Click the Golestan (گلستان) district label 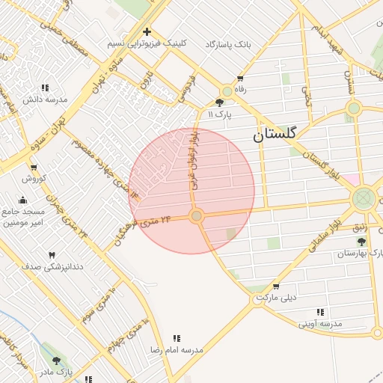pos(275,135)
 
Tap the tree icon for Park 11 pos(219,103)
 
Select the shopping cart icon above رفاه pos(240,79)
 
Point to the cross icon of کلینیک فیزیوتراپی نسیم pos(147,32)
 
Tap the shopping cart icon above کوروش pos(33,167)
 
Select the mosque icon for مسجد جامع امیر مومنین pos(22,200)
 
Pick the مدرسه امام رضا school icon pos(177,338)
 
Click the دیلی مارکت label pos(276,298)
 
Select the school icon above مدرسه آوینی pos(320,312)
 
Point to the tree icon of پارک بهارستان pos(362,242)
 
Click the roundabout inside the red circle pos(196,216)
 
